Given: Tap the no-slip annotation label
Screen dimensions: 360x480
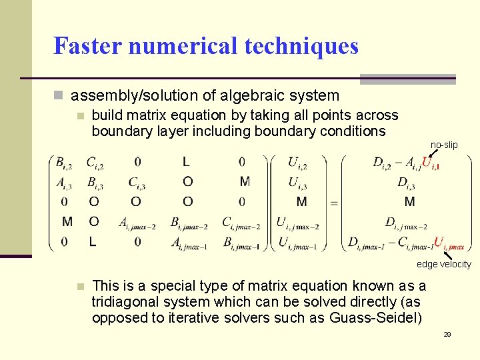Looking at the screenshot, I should [444, 145].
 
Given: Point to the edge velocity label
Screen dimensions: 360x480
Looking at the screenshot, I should [444, 264].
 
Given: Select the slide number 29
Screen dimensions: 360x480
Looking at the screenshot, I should [447, 333].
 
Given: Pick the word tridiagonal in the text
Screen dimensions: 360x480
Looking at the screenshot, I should [125, 302].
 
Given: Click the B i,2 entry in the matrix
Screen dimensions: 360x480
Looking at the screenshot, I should [65, 162].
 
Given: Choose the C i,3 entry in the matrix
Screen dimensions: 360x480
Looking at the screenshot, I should [137, 182].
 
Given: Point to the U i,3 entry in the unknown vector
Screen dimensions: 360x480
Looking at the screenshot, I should [297, 182].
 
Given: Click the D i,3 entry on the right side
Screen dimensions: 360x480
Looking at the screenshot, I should [406, 182].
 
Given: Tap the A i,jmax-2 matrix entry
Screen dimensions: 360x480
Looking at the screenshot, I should [137, 223].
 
